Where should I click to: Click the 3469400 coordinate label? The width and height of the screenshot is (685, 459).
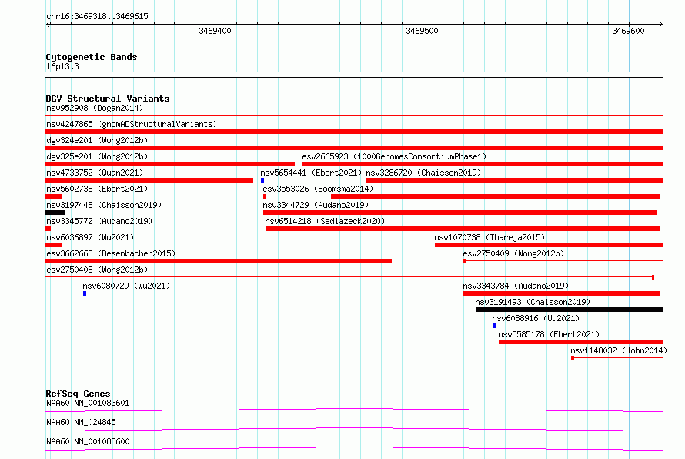[215, 31]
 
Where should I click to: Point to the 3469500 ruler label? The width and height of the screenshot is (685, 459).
[422, 31]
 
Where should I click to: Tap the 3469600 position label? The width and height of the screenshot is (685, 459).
[628, 31]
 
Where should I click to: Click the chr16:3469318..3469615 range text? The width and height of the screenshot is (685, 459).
[98, 17]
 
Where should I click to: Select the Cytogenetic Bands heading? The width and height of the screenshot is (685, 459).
[92, 57]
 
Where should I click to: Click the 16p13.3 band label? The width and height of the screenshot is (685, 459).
[62, 66]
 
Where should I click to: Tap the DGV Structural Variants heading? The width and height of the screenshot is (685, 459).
[108, 99]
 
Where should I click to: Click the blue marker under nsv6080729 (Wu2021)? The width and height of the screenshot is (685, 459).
[85, 293]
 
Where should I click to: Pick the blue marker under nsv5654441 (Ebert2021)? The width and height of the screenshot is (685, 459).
[262, 180]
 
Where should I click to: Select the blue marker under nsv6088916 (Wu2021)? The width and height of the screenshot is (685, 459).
[494, 326]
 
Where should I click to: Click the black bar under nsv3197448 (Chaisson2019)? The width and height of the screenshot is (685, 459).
[55, 213]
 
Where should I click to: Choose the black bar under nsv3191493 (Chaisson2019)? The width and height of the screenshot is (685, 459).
[570, 310]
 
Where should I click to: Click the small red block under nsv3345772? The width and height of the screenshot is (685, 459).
[48, 229]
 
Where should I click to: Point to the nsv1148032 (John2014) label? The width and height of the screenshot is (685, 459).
[619, 350]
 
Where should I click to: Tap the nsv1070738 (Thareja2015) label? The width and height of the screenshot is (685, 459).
[490, 237]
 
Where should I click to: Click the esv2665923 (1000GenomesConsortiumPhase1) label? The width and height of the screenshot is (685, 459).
[394, 156]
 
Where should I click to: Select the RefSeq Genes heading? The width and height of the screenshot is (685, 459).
[79, 394]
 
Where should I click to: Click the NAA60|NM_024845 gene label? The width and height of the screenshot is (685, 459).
[82, 422]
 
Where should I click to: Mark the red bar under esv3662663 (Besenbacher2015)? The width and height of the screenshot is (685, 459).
[219, 261]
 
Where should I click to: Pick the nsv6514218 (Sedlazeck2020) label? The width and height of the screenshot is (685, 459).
[325, 221]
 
